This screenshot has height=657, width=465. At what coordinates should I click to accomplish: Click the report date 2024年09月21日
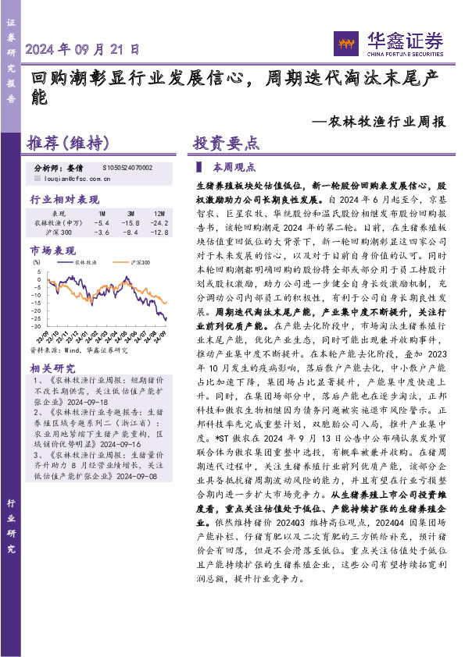(84, 48)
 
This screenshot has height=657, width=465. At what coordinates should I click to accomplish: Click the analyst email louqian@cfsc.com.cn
(78, 179)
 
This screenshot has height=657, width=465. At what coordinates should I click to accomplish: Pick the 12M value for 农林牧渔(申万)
(158, 222)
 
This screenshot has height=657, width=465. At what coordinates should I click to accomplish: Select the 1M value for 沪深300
(102, 233)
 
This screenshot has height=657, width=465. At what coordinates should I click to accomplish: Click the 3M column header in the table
(130, 213)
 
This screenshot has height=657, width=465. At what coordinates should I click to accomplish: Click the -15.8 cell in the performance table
(130, 222)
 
